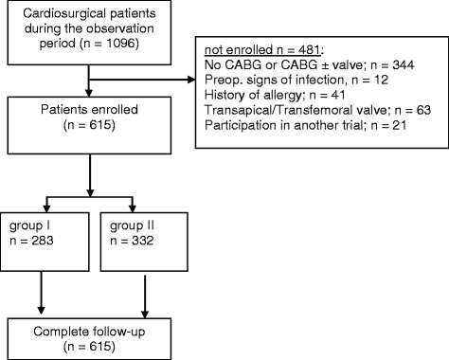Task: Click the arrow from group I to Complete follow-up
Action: click(x=41, y=294)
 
